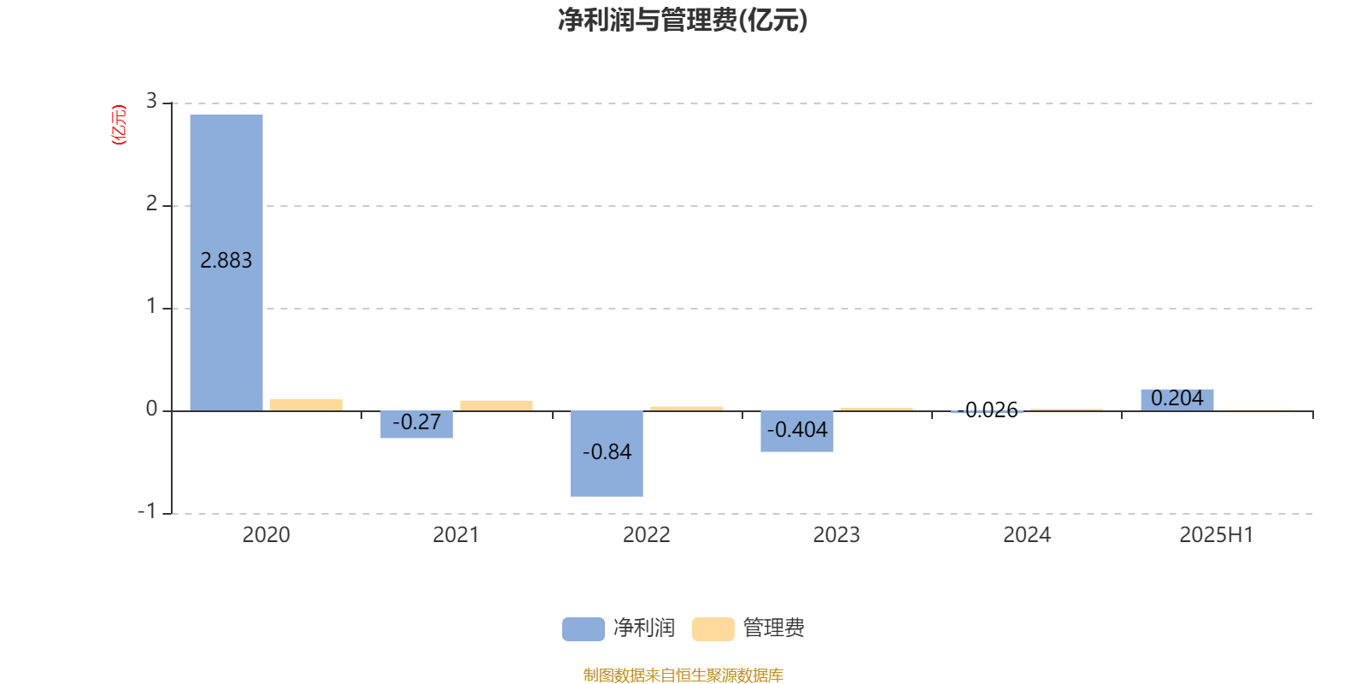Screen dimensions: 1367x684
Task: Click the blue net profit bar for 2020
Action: click(x=226, y=262)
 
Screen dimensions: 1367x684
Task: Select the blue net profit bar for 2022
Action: click(x=607, y=454)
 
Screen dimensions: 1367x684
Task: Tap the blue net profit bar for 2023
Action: click(x=797, y=431)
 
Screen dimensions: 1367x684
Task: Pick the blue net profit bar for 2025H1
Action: click(x=1177, y=400)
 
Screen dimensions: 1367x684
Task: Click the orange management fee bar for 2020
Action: click(x=307, y=405)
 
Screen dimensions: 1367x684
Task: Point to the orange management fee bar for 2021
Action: click(x=496, y=406)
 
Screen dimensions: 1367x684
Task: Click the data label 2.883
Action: click(x=226, y=261)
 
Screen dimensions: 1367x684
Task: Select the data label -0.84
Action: click(x=607, y=452)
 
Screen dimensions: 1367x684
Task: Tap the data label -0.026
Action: click(x=988, y=410)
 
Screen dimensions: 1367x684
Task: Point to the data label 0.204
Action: click(x=1177, y=398)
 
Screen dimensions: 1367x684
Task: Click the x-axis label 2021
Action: click(x=456, y=535)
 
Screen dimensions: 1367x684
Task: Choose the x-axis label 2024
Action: click(x=1027, y=535)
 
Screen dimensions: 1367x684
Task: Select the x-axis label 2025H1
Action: click(x=1217, y=535)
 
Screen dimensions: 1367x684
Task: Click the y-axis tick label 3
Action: click(x=151, y=101)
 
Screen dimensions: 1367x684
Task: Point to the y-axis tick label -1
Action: click(x=147, y=511)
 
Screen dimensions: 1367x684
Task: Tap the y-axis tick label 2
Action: click(x=151, y=203)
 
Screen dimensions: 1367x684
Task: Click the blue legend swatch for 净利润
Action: click(x=584, y=629)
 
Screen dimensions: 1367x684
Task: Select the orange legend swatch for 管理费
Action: click(x=713, y=629)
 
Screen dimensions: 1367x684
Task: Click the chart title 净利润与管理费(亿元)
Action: click(x=683, y=21)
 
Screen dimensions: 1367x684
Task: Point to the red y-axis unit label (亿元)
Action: click(x=119, y=125)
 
